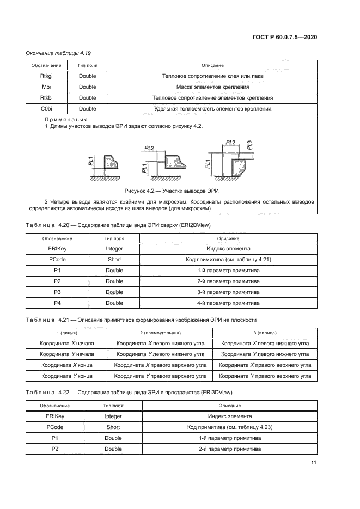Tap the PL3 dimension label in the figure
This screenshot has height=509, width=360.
click(x=249, y=145)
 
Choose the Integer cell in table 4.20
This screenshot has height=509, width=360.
click(x=114, y=248)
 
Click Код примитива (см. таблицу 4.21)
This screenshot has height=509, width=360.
click(x=228, y=259)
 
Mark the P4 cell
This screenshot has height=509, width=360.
click(x=57, y=303)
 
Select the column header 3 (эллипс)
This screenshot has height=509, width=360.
click(x=265, y=332)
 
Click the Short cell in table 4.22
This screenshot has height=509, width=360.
click(x=113, y=427)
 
